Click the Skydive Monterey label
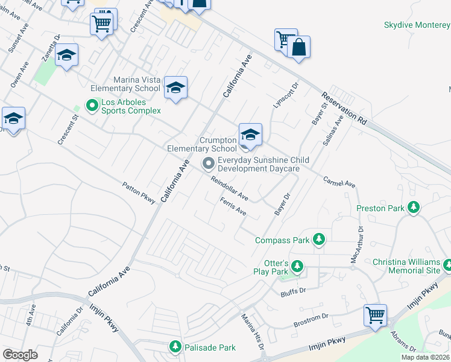click(417, 25)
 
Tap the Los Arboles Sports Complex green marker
click(92, 106)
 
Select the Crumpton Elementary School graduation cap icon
click(250, 135)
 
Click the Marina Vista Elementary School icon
click(175, 88)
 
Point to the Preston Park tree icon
click(414, 208)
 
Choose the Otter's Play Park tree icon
click(296, 266)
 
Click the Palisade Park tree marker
click(175, 347)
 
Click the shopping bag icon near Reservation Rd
click(298, 47)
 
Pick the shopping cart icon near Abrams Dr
click(375, 315)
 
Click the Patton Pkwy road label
click(139, 192)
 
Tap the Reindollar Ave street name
click(229, 188)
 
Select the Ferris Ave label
click(233, 207)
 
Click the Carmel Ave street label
click(339, 182)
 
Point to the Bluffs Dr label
click(294, 293)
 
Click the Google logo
click(20, 355)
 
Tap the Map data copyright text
click(425, 357)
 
